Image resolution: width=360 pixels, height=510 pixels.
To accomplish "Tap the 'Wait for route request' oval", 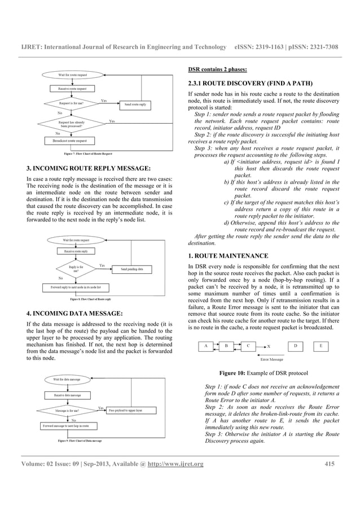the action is click(73, 75).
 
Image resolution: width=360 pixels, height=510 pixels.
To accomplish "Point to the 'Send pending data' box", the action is click(136, 269).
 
